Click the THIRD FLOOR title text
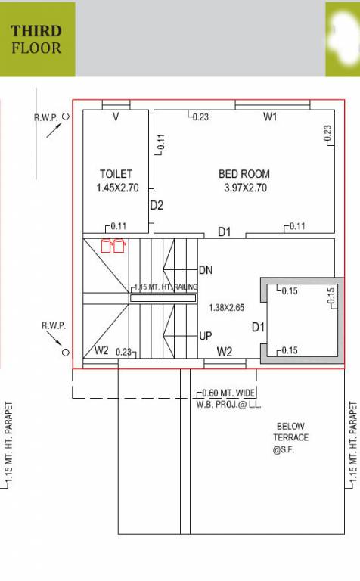click(x=36, y=39)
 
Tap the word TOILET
click(x=116, y=173)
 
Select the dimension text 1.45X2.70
click(x=117, y=188)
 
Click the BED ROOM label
click(x=244, y=173)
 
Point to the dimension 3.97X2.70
click(x=245, y=188)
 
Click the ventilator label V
click(x=116, y=117)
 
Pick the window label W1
click(x=270, y=117)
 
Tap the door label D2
click(x=157, y=205)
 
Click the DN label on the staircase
click(x=206, y=269)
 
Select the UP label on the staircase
click(x=206, y=336)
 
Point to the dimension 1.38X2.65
click(x=226, y=308)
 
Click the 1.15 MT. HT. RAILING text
click(x=164, y=287)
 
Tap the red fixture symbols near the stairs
click(x=113, y=245)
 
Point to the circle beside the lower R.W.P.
click(x=66, y=353)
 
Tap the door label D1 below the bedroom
click(x=225, y=231)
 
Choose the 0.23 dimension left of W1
click(x=200, y=117)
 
